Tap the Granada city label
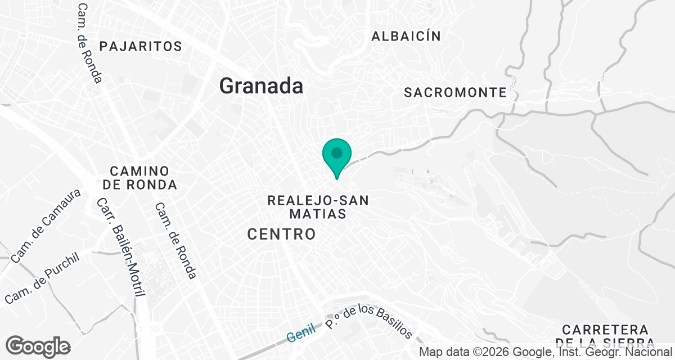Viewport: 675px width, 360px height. tap(261, 86)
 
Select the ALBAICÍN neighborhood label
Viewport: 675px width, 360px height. tap(406, 37)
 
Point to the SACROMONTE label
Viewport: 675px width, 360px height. tap(456, 93)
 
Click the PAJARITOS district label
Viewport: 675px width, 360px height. tap(141, 46)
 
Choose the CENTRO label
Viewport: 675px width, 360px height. tap(282, 234)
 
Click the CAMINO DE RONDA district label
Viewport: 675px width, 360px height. tap(140, 178)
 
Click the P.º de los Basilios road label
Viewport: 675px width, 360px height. tap(369, 321)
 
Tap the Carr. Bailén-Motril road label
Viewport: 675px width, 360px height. tap(121, 247)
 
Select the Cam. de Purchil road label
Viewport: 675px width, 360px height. tap(43, 278)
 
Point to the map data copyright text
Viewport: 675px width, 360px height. tap(546, 352)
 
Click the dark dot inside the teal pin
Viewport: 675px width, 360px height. tap(337, 152)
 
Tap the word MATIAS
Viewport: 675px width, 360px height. tap(317, 214)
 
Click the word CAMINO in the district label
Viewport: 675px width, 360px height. tap(140, 171)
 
